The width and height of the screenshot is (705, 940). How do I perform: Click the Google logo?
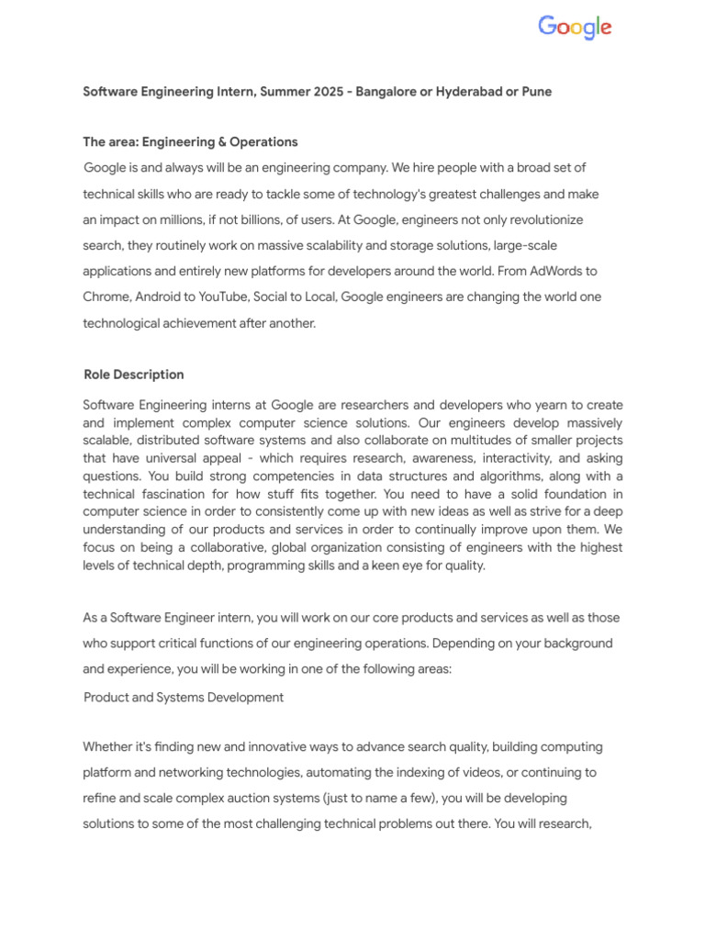click(x=575, y=28)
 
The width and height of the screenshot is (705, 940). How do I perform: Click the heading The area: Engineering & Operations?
click(x=190, y=142)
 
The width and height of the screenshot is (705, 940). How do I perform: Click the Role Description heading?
click(x=133, y=375)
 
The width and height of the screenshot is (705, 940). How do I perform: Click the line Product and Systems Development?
click(x=184, y=697)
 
